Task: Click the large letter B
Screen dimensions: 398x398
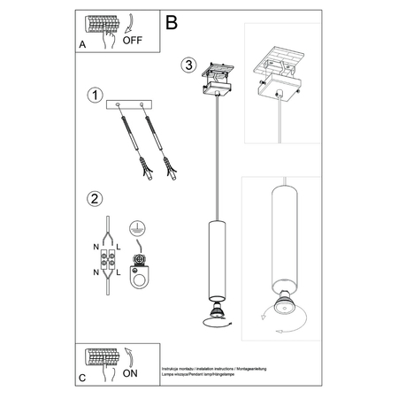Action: click(172, 20)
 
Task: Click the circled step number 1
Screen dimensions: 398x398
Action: click(94, 95)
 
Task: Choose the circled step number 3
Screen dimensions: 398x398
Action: click(187, 65)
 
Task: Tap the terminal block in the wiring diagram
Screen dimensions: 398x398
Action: click(111, 263)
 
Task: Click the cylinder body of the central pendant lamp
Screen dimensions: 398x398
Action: click(216, 260)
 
